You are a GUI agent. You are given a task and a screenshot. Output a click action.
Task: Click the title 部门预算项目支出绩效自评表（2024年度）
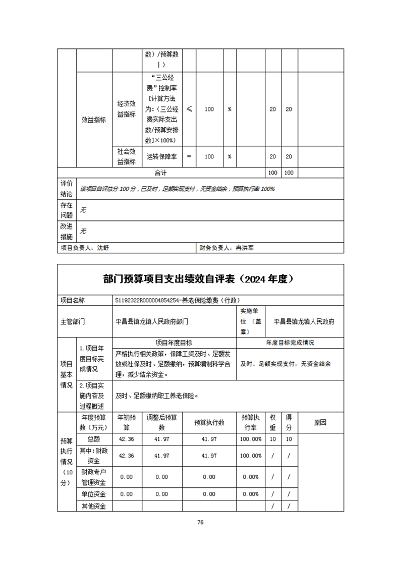pos(200,279)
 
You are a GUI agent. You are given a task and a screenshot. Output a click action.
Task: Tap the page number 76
pos(200,522)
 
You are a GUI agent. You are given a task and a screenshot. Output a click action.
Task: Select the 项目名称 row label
pos(73,300)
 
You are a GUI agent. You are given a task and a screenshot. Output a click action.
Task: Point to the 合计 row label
pos(160,173)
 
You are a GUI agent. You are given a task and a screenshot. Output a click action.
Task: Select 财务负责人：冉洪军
pos(229,248)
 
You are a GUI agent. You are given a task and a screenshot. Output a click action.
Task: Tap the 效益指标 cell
pos(93,120)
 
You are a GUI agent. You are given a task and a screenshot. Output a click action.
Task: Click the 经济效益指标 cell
pos(127,108)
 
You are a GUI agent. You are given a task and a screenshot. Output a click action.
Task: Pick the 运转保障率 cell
pos(161,156)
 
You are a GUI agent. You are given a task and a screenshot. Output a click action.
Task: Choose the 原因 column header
pos(320,422)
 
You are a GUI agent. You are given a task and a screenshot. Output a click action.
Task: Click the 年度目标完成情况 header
pos(290,343)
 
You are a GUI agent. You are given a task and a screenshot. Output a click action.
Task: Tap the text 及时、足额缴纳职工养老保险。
pos(157,396)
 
